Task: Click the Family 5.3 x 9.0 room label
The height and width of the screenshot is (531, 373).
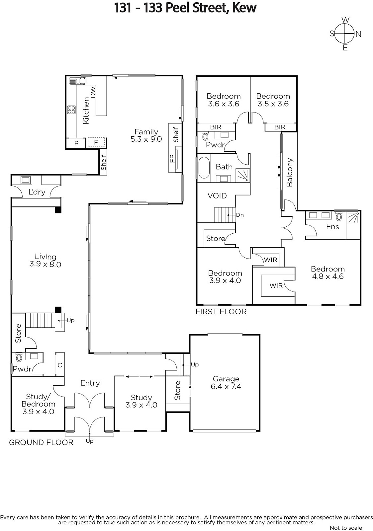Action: [x=146, y=135]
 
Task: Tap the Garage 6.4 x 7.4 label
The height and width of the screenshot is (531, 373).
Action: [x=226, y=383]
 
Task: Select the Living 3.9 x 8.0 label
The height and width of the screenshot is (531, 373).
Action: [x=45, y=260]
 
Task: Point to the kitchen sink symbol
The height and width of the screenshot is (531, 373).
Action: [x=78, y=81]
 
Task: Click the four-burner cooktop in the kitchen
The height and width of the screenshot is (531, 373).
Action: [x=71, y=110]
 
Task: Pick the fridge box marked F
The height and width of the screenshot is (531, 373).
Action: [x=96, y=142]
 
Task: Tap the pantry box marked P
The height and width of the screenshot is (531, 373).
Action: [x=76, y=143]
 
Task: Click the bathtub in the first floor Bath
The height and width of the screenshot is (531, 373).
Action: [x=204, y=167]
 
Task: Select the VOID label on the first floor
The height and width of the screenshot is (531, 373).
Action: [x=217, y=195]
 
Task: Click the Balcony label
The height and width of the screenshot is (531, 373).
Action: [x=290, y=172]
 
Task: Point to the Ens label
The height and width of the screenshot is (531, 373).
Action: [x=332, y=227]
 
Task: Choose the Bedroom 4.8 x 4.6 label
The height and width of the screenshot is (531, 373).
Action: [x=328, y=272]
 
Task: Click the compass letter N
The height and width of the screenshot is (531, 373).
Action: [x=358, y=35]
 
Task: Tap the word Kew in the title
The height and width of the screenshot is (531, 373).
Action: [x=244, y=8]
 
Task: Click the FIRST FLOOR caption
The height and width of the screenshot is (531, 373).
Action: [x=221, y=312]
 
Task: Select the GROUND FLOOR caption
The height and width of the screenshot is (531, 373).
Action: [x=41, y=442]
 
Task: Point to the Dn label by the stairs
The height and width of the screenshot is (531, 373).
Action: [x=240, y=215]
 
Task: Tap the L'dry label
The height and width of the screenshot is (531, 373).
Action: [x=37, y=192]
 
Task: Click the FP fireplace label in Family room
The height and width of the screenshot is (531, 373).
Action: [x=172, y=158]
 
